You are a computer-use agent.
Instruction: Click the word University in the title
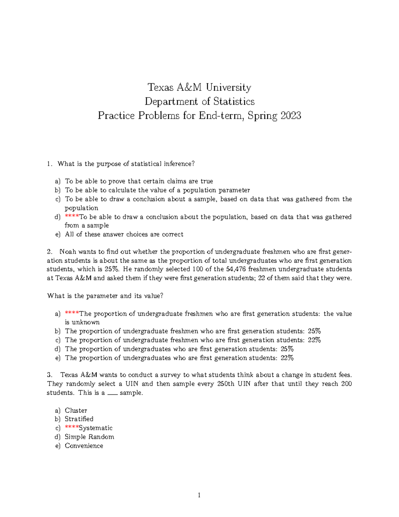[228, 88]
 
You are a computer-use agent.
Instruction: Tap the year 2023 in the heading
[291, 116]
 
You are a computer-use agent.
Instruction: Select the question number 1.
[49, 164]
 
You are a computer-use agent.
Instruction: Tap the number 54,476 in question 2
[236, 269]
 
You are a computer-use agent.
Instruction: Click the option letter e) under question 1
[58, 234]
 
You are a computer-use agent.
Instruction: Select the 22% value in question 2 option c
[314, 340]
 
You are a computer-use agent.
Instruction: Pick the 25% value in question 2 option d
[287, 349]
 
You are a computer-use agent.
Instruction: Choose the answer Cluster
[76, 410]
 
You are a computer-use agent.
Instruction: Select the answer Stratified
[79, 419]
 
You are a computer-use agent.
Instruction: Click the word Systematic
[96, 428]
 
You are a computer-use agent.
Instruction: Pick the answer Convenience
[84, 446]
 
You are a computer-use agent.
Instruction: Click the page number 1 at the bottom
[199, 495]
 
